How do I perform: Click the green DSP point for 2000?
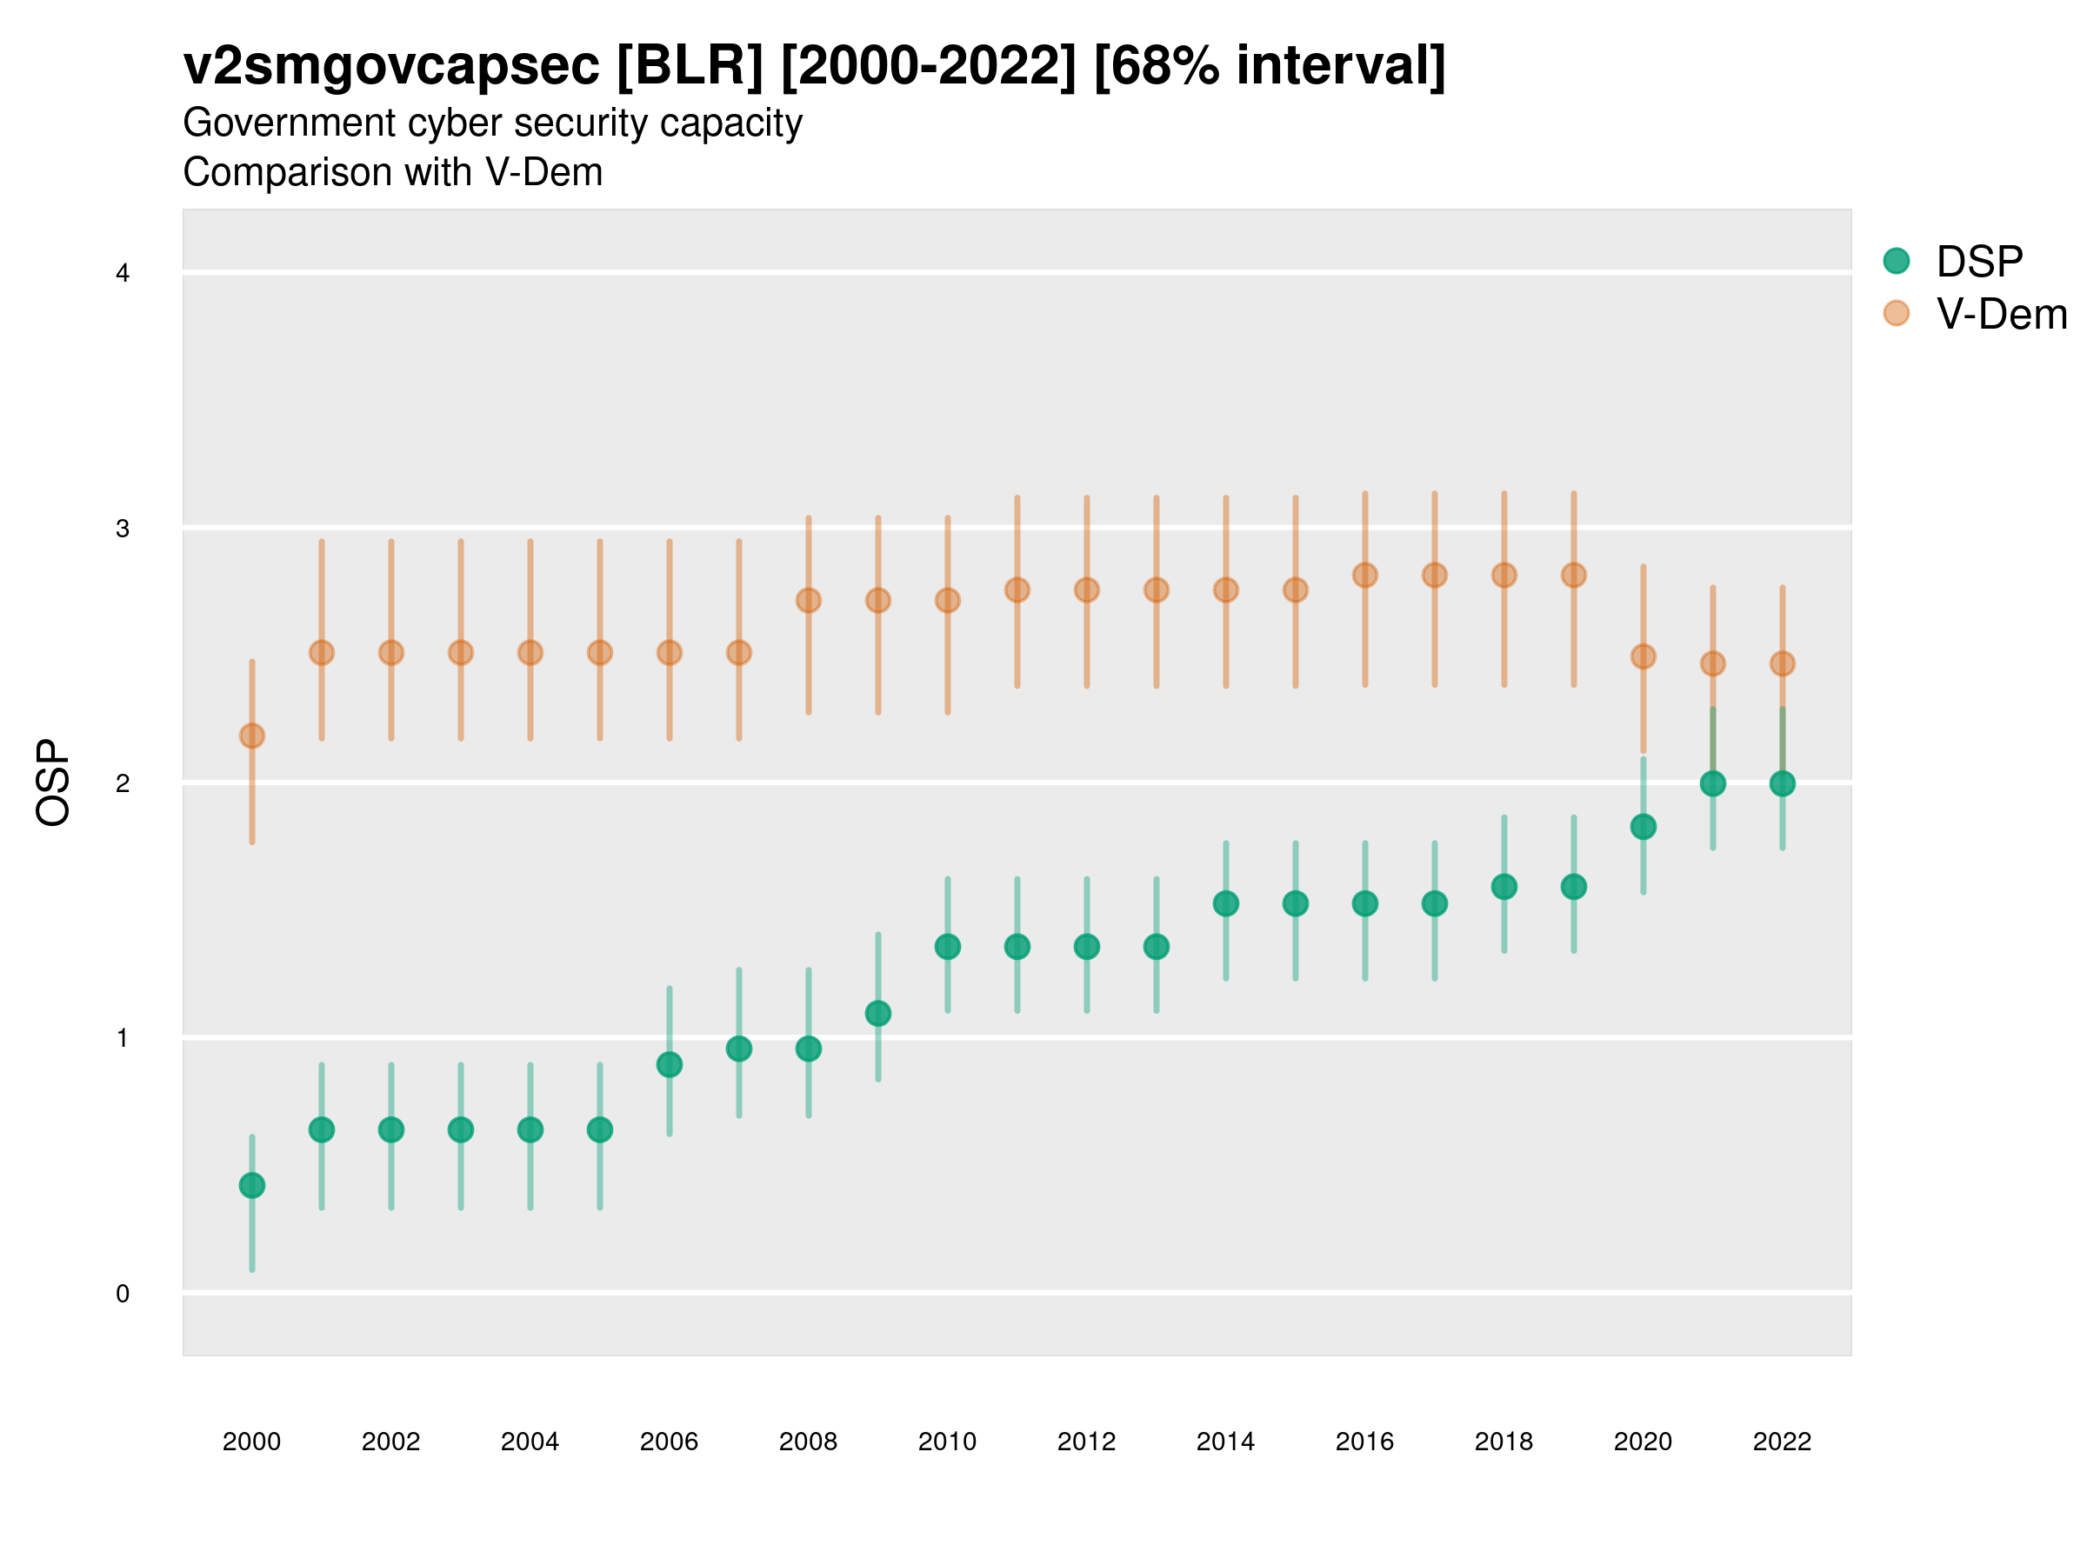click(x=252, y=1185)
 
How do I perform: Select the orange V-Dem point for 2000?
click(x=252, y=736)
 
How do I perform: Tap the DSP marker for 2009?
click(x=878, y=1014)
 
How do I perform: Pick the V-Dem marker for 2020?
click(x=1644, y=656)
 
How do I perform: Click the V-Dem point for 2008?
click(x=809, y=601)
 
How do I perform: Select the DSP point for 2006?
click(x=670, y=1065)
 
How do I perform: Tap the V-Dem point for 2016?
click(x=1365, y=576)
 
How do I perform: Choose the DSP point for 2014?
click(x=1226, y=903)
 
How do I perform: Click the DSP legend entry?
click(x=1978, y=262)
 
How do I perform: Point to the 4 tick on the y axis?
click(x=123, y=274)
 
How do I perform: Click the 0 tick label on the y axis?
click(x=123, y=1294)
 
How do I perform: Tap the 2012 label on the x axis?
click(x=1087, y=1442)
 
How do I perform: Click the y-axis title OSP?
click(x=53, y=783)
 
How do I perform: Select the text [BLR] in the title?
click(x=690, y=66)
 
